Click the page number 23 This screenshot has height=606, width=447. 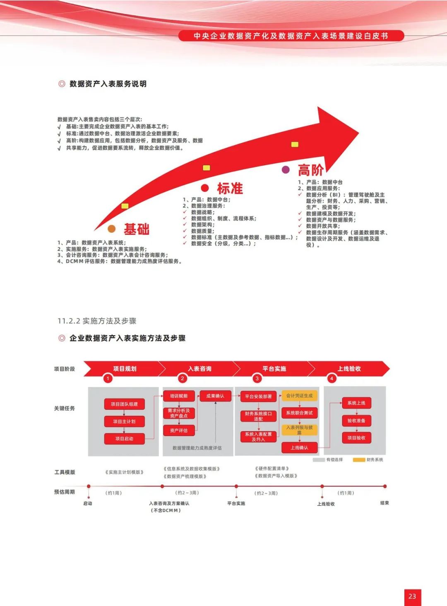[x=412, y=596]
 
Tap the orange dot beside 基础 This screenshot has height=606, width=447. [x=111, y=229]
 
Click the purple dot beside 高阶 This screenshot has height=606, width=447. [x=286, y=169]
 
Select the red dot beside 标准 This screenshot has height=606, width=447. [x=205, y=188]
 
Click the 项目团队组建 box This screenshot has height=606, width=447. [x=124, y=404]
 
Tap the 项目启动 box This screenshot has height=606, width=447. [x=124, y=439]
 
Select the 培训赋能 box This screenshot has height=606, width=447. [x=179, y=396]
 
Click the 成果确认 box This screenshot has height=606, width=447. [x=215, y=396]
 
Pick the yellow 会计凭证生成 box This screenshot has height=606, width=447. [x=300, y=396]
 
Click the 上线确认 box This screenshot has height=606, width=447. [x=299, y=448]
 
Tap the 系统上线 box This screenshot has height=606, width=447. [x=356, y=403]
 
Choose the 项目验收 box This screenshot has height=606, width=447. [x=356, y=438]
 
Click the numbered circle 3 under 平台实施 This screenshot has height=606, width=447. [x=257, y=378]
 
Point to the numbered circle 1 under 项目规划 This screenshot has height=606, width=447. [x=108, y=378]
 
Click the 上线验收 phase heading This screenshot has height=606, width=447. [x=349, y=368]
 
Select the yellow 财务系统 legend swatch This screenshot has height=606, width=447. [x=359, y=460]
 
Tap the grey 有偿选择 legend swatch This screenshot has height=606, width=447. [x=319, y=460]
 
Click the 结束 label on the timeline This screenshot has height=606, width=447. [x=385, y=503]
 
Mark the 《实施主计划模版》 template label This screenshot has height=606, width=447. [x=125, y=472]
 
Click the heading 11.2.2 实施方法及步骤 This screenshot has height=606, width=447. [x=97, y=321]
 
